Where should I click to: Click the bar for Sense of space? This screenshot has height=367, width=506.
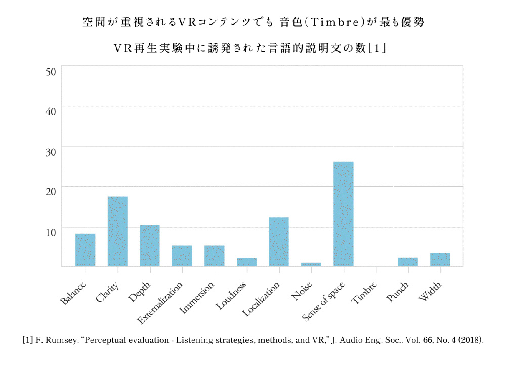344,214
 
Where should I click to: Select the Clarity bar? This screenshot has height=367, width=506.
117,231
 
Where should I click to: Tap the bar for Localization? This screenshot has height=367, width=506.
279,241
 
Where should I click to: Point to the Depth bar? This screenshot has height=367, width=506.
150,246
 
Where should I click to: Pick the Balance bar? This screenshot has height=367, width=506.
86,250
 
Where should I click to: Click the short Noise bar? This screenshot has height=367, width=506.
311,264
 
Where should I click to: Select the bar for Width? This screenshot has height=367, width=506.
440,259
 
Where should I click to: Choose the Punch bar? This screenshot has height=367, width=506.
408,262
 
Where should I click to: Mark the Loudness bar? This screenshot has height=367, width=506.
246,262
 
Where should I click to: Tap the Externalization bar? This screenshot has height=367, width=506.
182,256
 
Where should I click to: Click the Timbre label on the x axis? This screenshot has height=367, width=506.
366,293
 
